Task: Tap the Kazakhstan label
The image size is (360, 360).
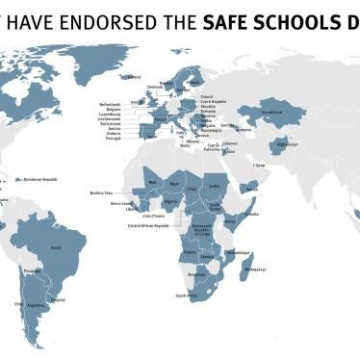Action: (272, 113)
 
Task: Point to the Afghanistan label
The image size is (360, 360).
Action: (287, 145)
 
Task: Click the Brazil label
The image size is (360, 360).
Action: (55, 247)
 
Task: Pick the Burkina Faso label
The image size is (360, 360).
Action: (103, 193)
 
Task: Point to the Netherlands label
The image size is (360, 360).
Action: (111, 103)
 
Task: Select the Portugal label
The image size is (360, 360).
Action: (115, 142)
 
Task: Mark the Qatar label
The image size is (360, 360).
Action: (259, 165)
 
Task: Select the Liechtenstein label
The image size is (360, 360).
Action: (111, 119)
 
